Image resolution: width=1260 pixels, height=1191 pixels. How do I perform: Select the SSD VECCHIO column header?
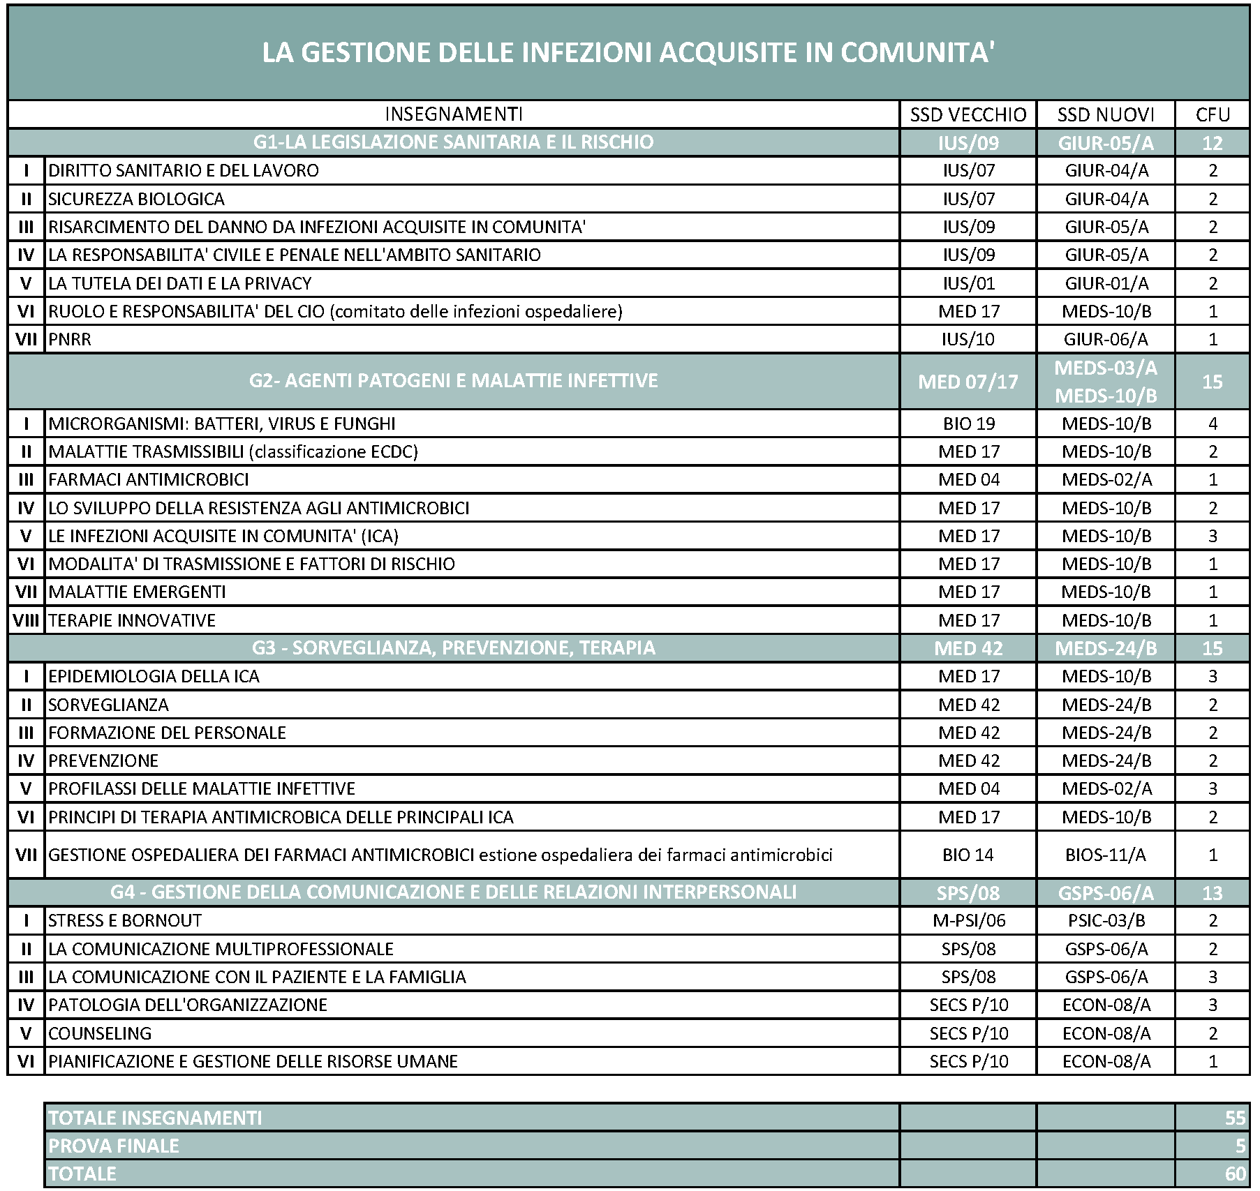pos(968,114)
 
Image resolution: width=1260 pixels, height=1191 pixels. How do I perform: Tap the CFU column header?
pos(1212,114)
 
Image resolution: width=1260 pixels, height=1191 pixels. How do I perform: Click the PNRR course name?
pos(70,340)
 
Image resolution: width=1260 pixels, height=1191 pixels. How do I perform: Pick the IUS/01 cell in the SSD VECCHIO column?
pos(968,283)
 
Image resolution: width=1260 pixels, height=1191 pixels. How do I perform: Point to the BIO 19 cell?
pos(968,424)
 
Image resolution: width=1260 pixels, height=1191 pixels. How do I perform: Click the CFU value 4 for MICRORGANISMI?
pos(1213,424)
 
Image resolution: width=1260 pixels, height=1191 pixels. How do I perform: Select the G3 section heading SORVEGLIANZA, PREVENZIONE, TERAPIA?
pos(454,648)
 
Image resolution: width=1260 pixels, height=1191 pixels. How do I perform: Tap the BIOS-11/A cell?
pos(1106,855)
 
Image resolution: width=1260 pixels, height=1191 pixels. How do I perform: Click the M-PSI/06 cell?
pos(968,921)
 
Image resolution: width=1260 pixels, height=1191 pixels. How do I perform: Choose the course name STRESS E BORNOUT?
pos(125,921)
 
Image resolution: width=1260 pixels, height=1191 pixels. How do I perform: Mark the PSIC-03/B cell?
pos(1106,921)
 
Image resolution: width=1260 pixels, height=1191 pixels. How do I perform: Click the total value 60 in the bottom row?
pos(1234,1174)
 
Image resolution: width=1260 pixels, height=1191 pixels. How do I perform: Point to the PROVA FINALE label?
pos(114,1146)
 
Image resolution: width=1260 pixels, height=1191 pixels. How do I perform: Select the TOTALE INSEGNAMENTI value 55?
pos(1234,1118)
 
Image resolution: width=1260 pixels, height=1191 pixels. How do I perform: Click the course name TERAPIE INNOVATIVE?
pos(132,620)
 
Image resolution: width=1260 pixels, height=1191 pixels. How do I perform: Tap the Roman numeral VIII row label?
pos(26,620)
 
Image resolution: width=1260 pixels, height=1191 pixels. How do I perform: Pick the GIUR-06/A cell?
pos(1106,340)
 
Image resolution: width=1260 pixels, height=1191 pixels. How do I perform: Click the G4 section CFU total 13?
pos(1213,893)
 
